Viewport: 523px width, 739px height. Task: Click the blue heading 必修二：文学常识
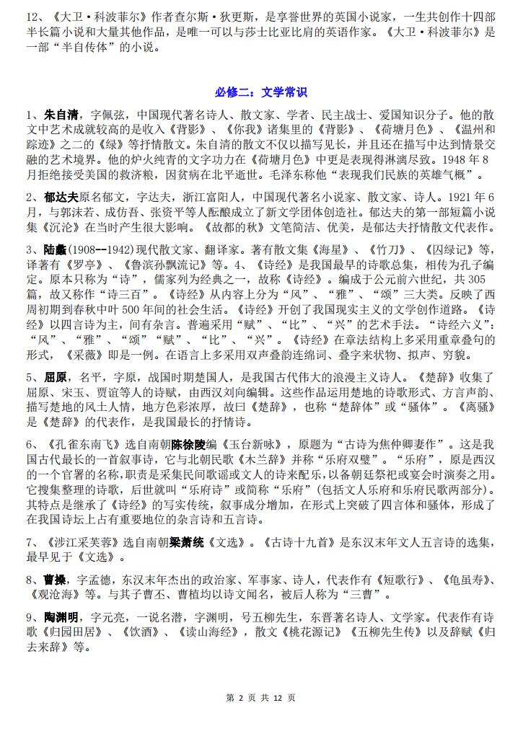(260, 92)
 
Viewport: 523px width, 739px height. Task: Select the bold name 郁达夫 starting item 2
(61, 197)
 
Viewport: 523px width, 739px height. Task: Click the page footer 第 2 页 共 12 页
(261, 698)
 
